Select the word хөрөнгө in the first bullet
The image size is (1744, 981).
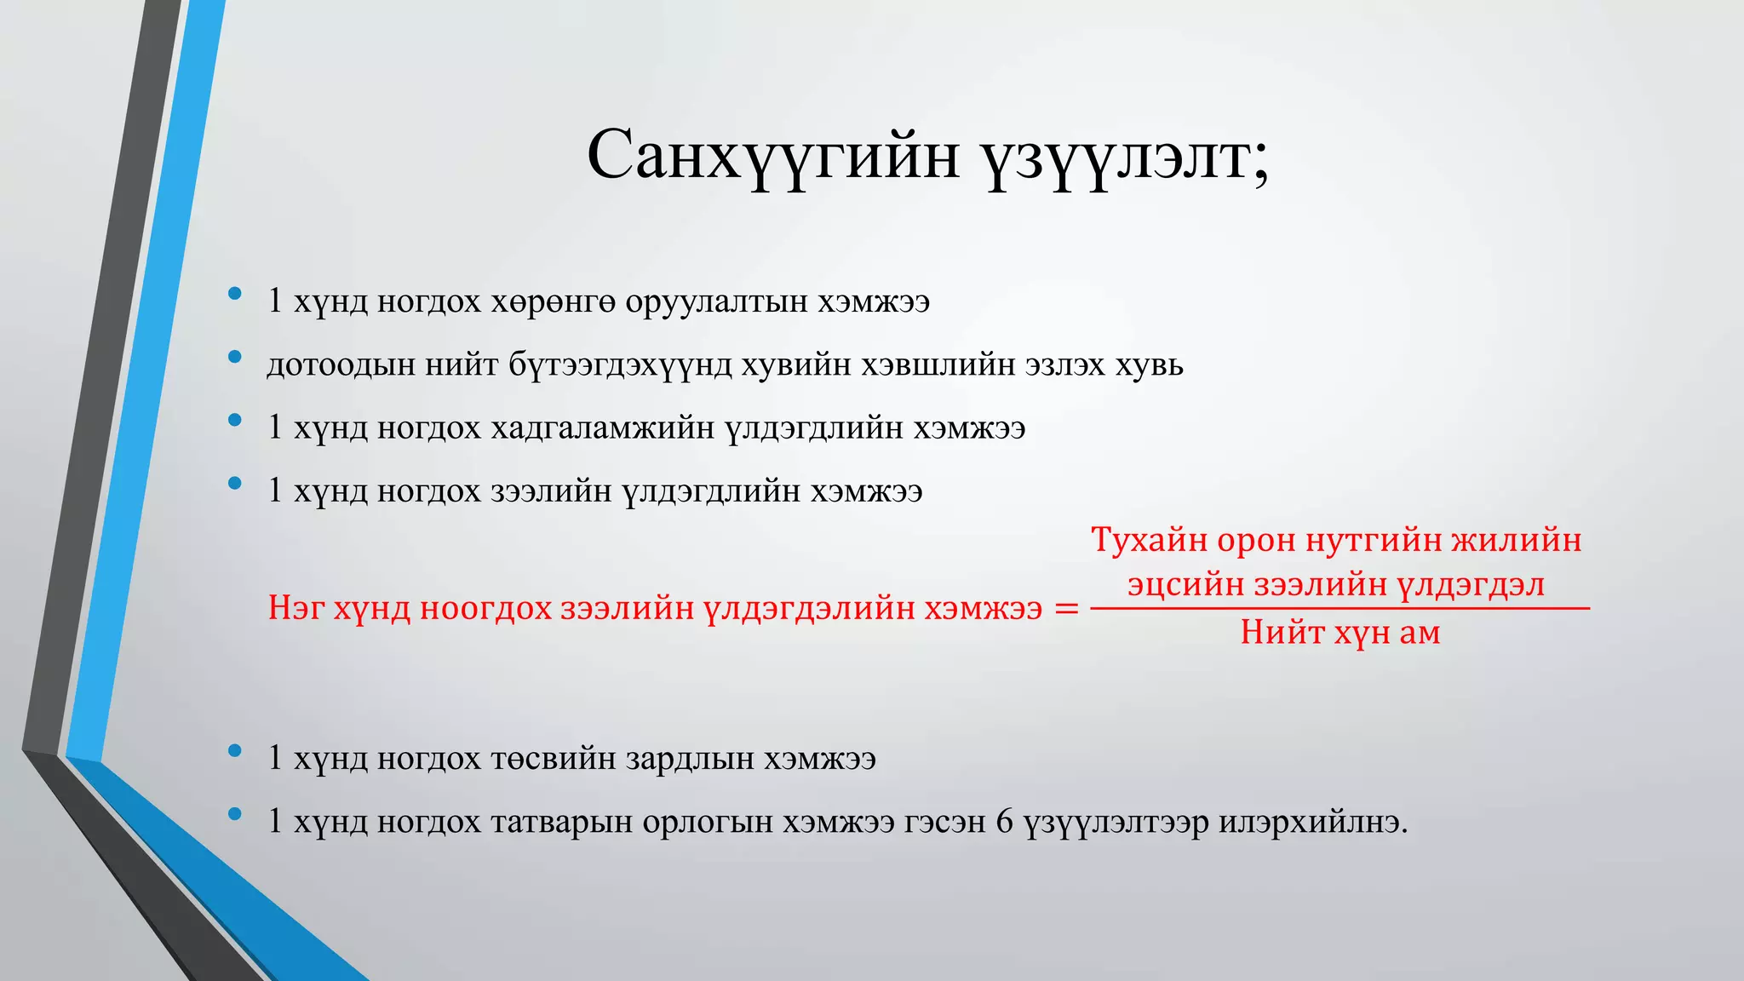[x=553, y=302]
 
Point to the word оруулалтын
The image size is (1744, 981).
[x=716, y=302]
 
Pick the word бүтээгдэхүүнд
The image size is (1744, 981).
[x=620, y=365]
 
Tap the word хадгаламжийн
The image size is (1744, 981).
[x=602, y=428]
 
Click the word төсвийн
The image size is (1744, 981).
[x=554, y=759]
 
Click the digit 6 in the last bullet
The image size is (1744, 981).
[x=1005, y=822]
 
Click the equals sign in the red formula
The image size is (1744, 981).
[x=1066, y=609]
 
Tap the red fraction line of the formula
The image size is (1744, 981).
[x=1340, y=609]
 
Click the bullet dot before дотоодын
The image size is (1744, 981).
[x=234, y=358]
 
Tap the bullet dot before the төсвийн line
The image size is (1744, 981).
[x=234, y=751]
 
